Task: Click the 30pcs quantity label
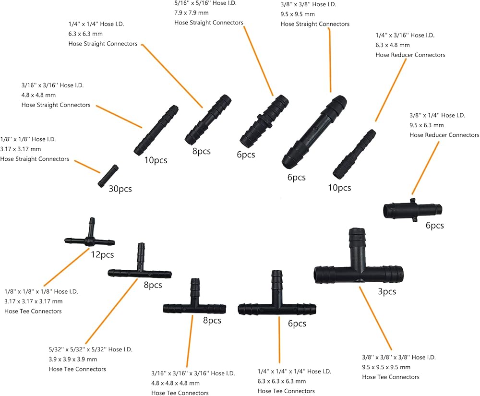120,189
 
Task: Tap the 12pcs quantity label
102,254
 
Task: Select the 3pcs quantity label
387,291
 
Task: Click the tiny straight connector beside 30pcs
108,176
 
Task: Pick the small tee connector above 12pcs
90,233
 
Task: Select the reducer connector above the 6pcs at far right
413,210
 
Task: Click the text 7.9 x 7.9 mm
192,13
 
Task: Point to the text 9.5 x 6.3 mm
426,125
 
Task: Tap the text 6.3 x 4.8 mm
393,45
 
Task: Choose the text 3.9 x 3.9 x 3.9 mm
73,359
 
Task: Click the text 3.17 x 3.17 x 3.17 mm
34,301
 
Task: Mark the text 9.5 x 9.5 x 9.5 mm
386,367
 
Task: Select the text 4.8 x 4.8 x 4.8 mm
175,383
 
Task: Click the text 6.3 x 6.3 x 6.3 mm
282,381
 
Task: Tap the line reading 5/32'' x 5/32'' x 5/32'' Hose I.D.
91,349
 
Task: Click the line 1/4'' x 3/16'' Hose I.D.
405,35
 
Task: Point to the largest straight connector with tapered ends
314,132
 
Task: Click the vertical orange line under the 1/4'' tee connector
279,340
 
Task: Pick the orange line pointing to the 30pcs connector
87,167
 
